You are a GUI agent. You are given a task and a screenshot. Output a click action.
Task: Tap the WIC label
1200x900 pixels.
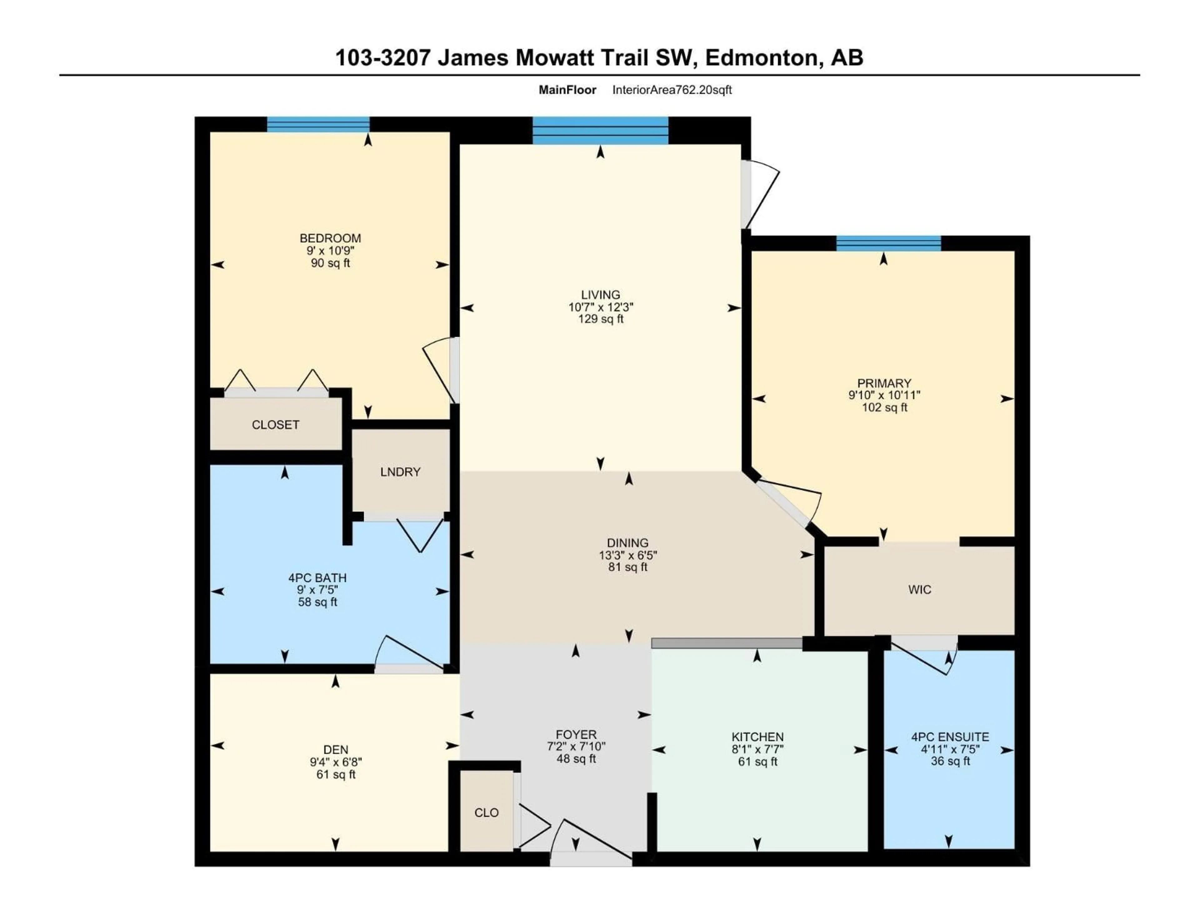(x=919, y=590)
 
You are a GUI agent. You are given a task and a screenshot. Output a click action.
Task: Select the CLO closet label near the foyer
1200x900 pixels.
(x=486, y=813)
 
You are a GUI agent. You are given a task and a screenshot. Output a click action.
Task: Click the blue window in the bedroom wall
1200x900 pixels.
(x=318, y=125)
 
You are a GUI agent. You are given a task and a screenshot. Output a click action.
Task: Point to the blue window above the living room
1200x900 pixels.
(x=600, y=131)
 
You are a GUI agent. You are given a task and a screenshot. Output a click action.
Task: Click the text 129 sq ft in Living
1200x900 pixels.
(x=601, y=319)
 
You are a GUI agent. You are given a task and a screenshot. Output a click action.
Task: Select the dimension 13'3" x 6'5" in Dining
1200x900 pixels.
(x=628, y=555)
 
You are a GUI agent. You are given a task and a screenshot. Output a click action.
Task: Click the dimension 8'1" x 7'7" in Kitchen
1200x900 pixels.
(x=757, y=749)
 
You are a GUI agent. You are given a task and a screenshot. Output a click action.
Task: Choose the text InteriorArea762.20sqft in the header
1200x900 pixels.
(x=672, y=90)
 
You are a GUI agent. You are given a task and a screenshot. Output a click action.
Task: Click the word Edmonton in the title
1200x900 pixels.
(x=762, y=57)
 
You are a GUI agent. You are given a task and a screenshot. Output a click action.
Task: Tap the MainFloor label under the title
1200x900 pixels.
(x=567, y=90)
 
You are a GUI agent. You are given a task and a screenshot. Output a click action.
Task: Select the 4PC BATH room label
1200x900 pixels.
(x=317, y=578)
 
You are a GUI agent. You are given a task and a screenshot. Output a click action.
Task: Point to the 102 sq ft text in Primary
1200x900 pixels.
(x=884, y=407)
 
